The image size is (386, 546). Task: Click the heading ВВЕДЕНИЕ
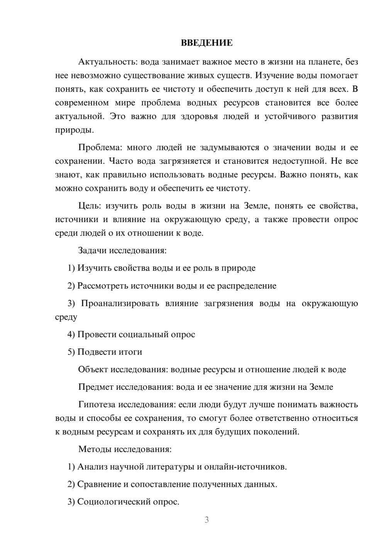pyautogui.click(x=207, y=43)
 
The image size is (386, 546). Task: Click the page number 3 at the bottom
pyautogui.click(x=207, y=520)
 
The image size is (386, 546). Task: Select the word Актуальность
pyautogui.click(x=108, y=62)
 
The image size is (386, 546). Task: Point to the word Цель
pyautogui.click(x=89, y=206)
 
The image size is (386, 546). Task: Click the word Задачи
pyautogui.click(x=92, y=250)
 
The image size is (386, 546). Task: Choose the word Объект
pyautogui.click(x=93, y=370)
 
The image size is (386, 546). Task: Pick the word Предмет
pyautogui.click(x=96, y=387)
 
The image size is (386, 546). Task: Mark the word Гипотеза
pyautogui.click(x=97, y=404)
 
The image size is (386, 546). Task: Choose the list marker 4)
pyautogui.click(x=71, y=334)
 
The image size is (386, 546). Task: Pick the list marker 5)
pyautogui.click(x=71, y=352)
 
